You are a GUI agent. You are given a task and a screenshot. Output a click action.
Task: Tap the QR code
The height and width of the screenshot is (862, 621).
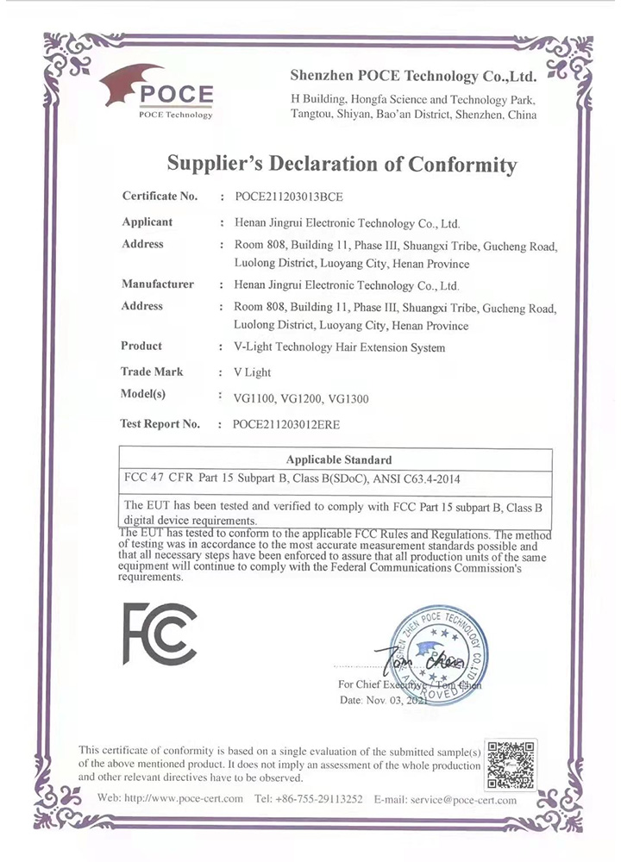coord(511,765)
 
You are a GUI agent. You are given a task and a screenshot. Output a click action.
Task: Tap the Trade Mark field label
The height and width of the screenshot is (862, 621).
coord(153,372)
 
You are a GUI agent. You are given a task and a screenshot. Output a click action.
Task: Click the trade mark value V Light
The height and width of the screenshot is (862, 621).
coord(251,372)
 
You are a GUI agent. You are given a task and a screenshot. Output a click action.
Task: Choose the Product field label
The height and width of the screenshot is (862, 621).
coord(142,347)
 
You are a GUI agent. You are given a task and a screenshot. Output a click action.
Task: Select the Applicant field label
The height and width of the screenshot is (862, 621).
coord(147,222)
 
